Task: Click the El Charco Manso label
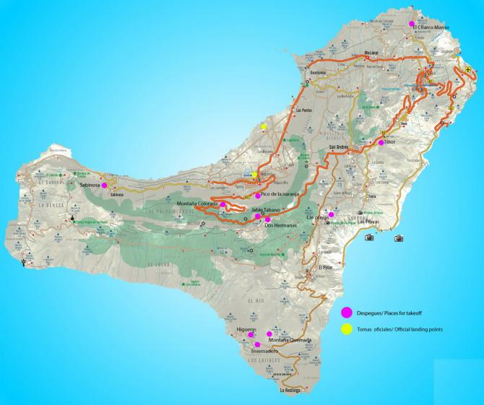pos(431,27)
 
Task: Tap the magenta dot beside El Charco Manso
pos(411,24)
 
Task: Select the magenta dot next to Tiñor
pos(381,142)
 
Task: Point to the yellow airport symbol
pos(468,70)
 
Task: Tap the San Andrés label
pos(339,147)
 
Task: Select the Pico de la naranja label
pos(285,195)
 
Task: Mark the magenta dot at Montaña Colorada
pos(222,206)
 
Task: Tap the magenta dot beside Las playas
pos(331,214)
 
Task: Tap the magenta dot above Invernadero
pos(257,344)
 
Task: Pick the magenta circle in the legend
pos(346,312)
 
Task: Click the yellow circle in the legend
pos(346,329)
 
